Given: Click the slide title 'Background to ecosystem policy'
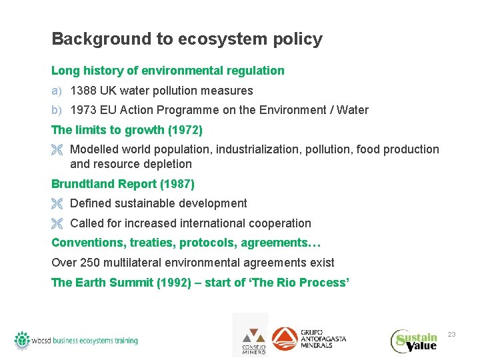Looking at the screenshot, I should (x=187, y=39).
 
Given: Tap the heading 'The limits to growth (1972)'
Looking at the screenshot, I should (x=127, y=129).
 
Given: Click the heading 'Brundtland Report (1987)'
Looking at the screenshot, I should (x=123, y=183).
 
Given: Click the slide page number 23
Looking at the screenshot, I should (x=451, y=333).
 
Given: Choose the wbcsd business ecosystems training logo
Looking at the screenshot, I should (x=76, y=340).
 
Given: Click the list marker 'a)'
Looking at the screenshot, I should (x=57, y=91).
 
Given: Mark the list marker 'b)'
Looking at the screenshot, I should (x=57, y=110).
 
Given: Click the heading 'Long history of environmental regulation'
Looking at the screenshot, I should (x=168, y=71).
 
